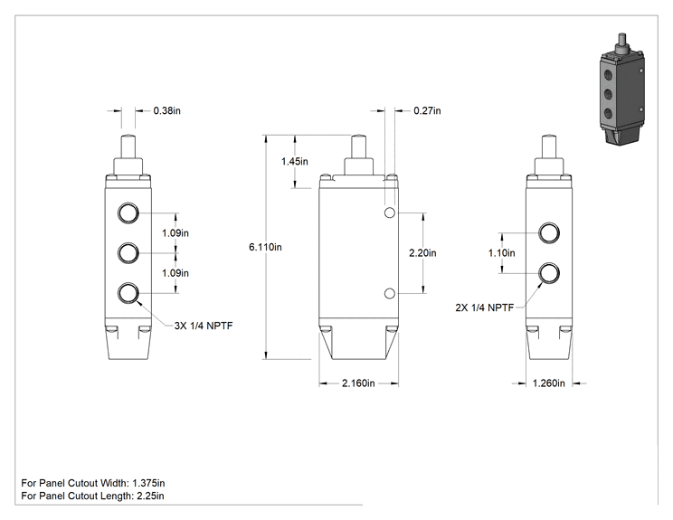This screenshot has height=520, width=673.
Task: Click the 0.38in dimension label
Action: click(167, 110)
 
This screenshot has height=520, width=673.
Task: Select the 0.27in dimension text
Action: click(427, 110)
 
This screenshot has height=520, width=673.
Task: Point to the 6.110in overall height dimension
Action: click(265, 247)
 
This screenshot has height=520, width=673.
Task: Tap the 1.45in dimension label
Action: click(295, 161)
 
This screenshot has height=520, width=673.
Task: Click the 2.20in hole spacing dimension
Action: click(422, 253)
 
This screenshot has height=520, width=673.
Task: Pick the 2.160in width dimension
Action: click(358, 383)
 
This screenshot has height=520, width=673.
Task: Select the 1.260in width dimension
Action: click(549, 383)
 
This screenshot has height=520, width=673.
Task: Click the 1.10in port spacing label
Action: click(502, 253)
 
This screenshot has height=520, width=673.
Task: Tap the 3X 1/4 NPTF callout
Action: click(204, 326)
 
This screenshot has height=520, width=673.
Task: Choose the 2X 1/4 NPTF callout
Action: click(485, 307)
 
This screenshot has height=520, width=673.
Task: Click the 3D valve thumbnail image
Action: click(622, 90)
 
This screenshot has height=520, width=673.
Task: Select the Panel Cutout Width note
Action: click(92, 483)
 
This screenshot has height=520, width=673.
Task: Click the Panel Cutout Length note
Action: click(92, 496)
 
